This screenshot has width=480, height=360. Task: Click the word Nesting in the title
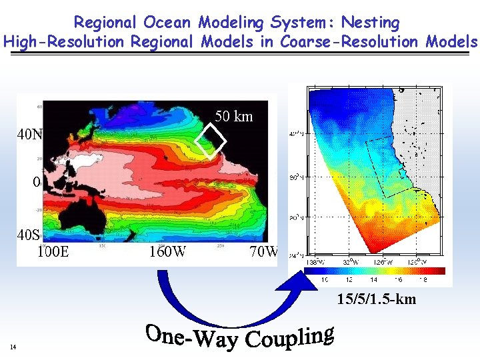[369, 22]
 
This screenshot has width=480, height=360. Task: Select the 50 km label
[233, 116]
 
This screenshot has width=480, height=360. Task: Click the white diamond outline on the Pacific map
[211, 141]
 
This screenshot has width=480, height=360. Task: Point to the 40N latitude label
[29, 134]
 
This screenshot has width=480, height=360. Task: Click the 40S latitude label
[29, 235]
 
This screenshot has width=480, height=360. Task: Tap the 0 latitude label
[37, 181]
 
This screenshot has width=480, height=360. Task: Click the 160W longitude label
[167, 252]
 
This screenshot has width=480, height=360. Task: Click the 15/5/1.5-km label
[376, 299]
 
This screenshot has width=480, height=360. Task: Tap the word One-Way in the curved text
[191, 337]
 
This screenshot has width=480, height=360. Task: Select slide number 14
[13, 347]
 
